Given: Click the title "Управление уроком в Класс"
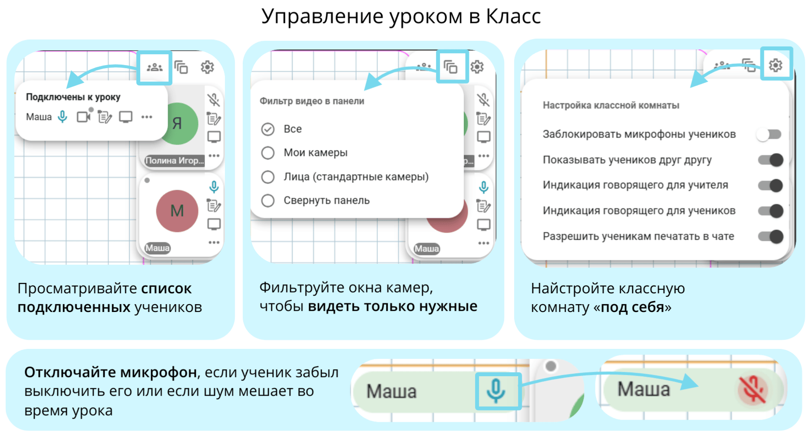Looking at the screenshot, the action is [401, 17].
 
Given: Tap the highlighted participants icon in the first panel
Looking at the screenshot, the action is [155, 67].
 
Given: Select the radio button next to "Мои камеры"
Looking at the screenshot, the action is [268, 153].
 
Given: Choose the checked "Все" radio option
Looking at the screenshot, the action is [268, 129].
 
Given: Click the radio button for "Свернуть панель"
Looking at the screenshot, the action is [268, 200].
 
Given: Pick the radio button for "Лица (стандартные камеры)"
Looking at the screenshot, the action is [268, 177].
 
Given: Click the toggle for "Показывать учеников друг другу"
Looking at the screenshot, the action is [771, 160].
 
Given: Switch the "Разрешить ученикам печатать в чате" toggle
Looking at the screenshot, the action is [771, 236].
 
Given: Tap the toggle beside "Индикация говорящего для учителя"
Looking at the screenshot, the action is [771, 186].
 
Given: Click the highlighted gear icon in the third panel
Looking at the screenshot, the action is [776, 65].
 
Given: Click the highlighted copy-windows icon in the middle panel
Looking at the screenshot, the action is [451, 67].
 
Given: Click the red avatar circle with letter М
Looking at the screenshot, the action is [177, 211].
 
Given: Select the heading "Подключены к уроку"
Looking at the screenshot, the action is [73, 97].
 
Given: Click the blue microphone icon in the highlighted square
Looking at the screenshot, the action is [496, 391].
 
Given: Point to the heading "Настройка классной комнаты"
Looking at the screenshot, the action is [611, 105].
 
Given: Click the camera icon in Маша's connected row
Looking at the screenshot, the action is [84, 116].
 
